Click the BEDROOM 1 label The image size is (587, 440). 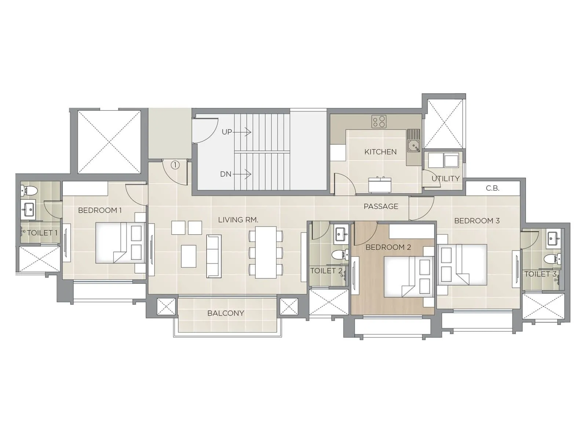point(100,210)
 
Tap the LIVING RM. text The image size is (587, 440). point(238,220)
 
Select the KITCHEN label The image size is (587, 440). point(380,152)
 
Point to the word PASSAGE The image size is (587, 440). point(381,206)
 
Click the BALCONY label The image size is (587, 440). point(226,313)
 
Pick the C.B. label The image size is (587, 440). point(492,188)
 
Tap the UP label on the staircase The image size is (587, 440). point(227,132)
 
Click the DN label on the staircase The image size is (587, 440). point(225,174)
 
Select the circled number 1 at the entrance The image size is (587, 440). point(175,165)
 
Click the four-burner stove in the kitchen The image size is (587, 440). point(379,122)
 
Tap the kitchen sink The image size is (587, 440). point(413,141)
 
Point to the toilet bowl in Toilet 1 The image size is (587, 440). point(29,190)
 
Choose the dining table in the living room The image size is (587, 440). point(266,253)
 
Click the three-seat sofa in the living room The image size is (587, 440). point(214,256)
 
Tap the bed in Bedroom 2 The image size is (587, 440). point(409,276)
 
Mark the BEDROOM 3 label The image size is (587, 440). point(477,221)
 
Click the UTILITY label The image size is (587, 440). point(445,179)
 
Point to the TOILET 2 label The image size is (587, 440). point(326,271)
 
